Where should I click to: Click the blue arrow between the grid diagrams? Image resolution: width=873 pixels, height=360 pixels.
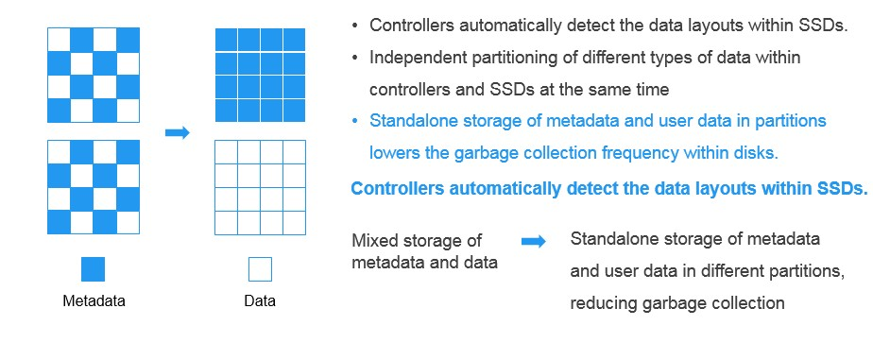177,132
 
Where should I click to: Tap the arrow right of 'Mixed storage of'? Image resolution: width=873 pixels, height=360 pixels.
534,242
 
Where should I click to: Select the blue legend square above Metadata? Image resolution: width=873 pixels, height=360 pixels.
93,269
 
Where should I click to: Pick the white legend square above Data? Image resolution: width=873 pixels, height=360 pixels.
260,269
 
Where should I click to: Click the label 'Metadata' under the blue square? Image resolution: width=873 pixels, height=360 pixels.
94,301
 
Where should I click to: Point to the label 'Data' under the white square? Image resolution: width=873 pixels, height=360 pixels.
260,301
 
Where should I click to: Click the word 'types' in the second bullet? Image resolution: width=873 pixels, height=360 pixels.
646,58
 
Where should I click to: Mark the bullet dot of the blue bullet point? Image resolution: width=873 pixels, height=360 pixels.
355,121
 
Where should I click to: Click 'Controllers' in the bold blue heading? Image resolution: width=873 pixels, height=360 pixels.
398,187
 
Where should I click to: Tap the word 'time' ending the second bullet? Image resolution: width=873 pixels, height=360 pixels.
652,89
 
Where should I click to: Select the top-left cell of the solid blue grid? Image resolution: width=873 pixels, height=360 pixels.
226,40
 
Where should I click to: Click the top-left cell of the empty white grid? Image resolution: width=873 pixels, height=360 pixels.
226,151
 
